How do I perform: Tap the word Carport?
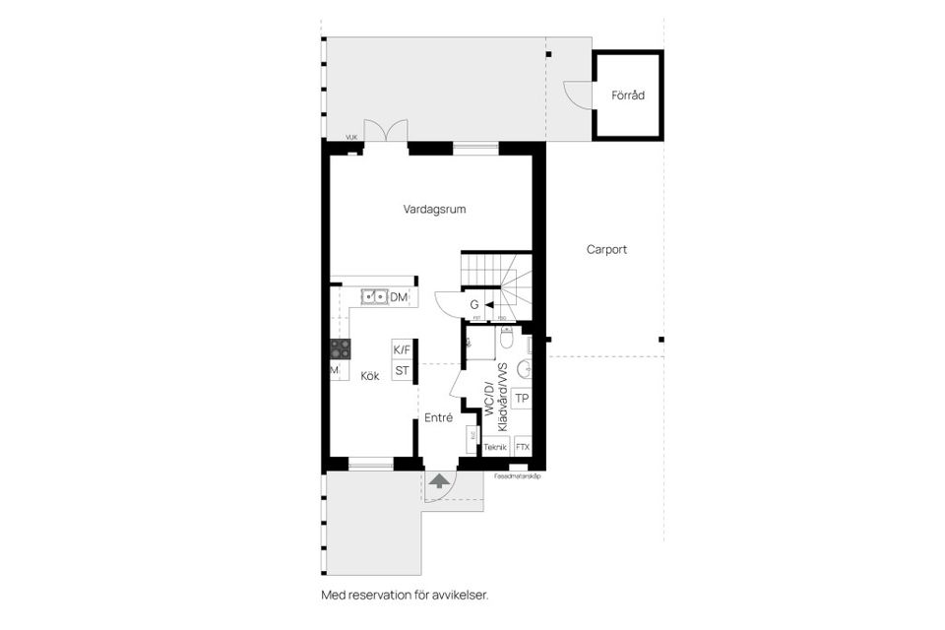click(x=606, y=249)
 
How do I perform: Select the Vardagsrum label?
click(x=434, y=209)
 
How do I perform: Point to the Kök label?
click(x=369, y=376)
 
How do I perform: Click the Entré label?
click(x=438, y=417)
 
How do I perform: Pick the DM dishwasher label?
click(x=399, y=297)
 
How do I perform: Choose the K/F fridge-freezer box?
click(x=402, y=349)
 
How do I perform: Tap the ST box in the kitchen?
click(x=402, y=371)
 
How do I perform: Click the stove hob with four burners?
click(x=342, y=347)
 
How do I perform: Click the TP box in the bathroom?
click(x=522, y=399)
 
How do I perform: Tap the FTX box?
click(x=523, y=447)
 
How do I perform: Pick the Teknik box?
click(x=495, y=447)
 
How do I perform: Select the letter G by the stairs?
click(x=474, y=305)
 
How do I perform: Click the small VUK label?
click(x=351, y=138)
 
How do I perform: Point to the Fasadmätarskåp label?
click(x=518, y=476)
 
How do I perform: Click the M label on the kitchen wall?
click(x=335, y=370)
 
